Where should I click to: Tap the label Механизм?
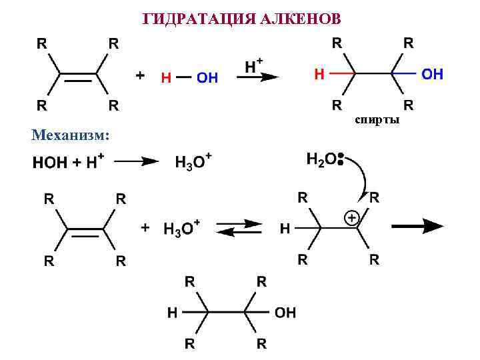click(x=70, y=135)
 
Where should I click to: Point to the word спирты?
click(x=377, y=119)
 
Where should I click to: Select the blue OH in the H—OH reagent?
click(x=207, y=77)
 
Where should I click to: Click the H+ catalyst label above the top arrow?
click(x=254, y=65)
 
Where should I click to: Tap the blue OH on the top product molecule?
click(x=432, y=73)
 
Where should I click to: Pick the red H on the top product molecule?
click(x=319, y=73)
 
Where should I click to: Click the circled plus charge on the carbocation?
click(x=351, y=218)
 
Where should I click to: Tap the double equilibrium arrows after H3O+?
click(x=239, y=227)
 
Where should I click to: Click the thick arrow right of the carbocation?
click(x=417, y=226)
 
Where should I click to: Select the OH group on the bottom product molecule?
click(x=285, y=312)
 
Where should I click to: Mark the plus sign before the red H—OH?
click(x=140, y=76)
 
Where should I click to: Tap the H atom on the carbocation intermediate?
click(x=285, y=229)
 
